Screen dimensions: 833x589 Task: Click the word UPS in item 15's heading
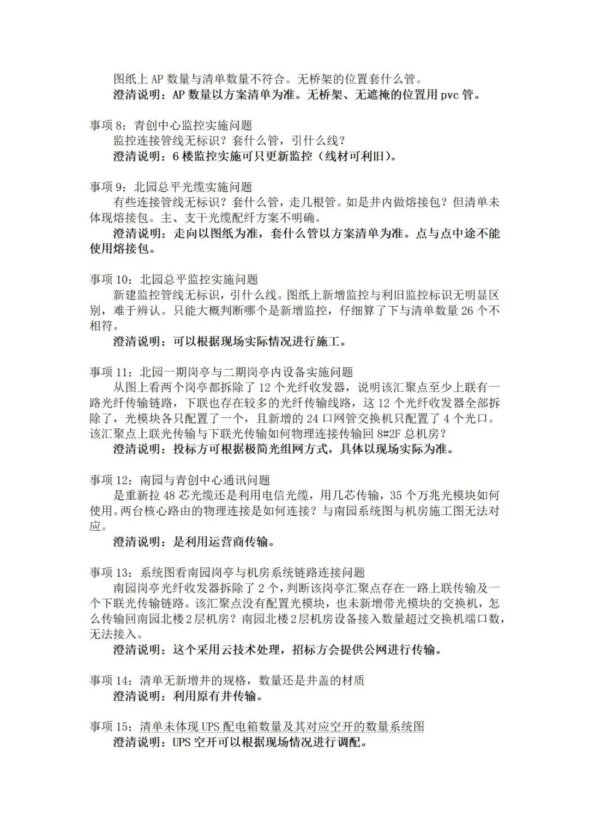click(x=210, y=727)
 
